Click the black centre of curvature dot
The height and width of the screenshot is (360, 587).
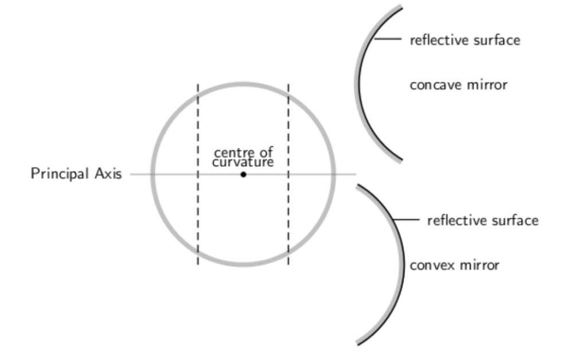point(243,174)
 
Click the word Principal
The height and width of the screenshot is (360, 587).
point(60,174)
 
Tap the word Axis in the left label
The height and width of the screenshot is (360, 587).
point(108,174)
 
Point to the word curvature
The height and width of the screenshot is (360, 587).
point(243,162)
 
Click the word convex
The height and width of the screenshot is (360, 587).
point(432,265)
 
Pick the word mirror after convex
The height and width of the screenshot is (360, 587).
point(480,265)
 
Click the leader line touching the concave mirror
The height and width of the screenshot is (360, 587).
point(388,38)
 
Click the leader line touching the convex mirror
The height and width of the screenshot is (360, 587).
point(406,220)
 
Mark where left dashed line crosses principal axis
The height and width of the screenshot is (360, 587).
point(198,174)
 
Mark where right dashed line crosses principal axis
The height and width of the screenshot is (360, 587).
point(288,174)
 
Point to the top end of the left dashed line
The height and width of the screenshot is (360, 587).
point(198,85)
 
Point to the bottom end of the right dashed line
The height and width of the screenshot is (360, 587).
point(288,265)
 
